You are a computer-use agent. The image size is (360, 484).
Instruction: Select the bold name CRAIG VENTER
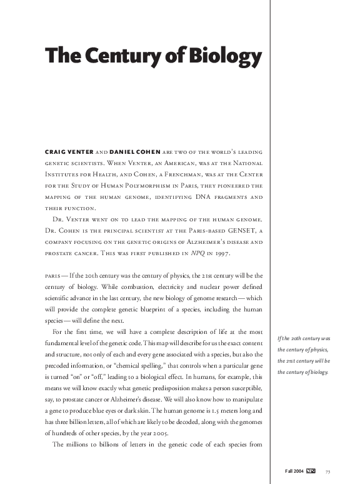pyautogui.click(x=69, y=153)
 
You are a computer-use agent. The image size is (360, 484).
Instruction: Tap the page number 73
pyautogui.click(x=328, y=471)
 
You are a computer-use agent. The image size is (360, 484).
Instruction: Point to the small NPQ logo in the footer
pyautogui.click(x=311, y=471)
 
